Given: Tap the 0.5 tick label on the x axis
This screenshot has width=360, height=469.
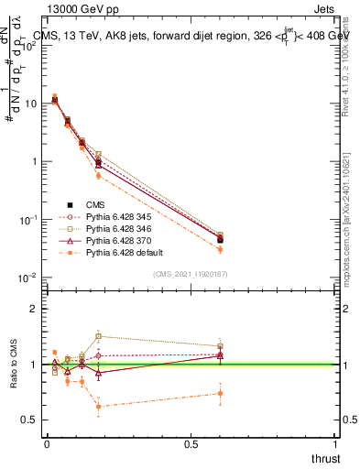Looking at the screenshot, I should coord(191,443).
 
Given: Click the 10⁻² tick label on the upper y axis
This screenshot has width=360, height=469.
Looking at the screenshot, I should coord(28,278).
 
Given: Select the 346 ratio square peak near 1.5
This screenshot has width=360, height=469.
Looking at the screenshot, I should coord(98,336).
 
